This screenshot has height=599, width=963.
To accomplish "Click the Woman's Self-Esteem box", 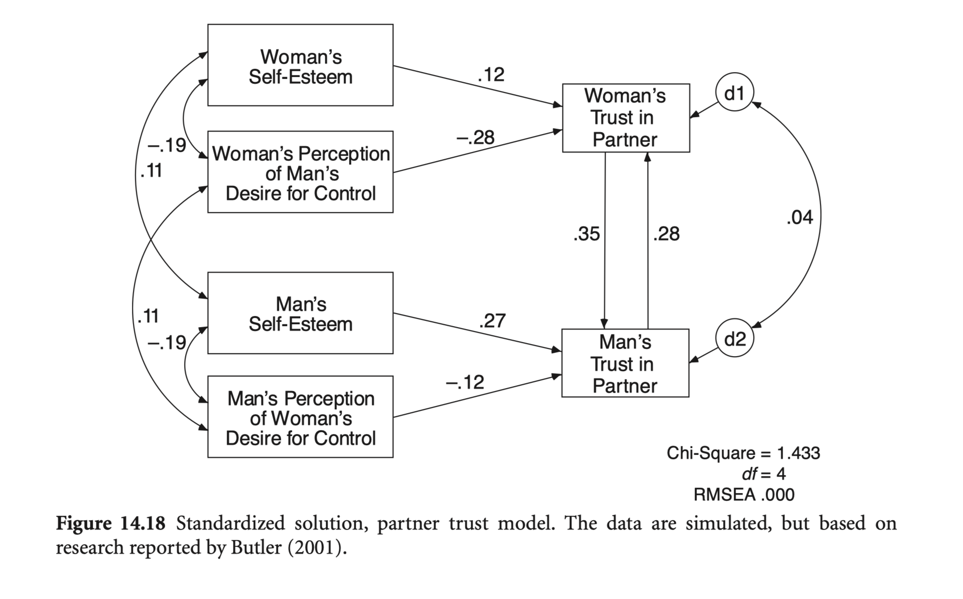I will (300, 65).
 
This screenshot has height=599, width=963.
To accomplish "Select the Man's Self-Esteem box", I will (300, 313).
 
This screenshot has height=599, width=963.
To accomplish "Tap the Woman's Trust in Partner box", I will (626, 118).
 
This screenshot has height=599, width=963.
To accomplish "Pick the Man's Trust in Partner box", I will (625, 363).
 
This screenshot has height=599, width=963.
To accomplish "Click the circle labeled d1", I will (734, 93).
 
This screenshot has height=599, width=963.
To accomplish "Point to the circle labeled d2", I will (734, 339).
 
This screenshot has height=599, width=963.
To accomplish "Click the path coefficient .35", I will (586, 234).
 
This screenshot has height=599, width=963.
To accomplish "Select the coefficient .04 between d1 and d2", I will (800, 218).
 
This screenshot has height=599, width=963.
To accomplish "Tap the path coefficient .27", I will (492, 321).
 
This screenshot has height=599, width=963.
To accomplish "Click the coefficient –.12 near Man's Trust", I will (465, 383).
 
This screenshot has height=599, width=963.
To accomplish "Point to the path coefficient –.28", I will (475, 138).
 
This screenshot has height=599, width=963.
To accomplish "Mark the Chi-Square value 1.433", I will (798, 453).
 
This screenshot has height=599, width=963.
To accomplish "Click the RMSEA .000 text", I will (744, 494).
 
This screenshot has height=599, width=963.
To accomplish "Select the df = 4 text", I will (763, 474).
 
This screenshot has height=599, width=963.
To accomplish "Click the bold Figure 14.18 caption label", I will (111, 524).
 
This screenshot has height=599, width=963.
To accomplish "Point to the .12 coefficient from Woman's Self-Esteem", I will (491, 75).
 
